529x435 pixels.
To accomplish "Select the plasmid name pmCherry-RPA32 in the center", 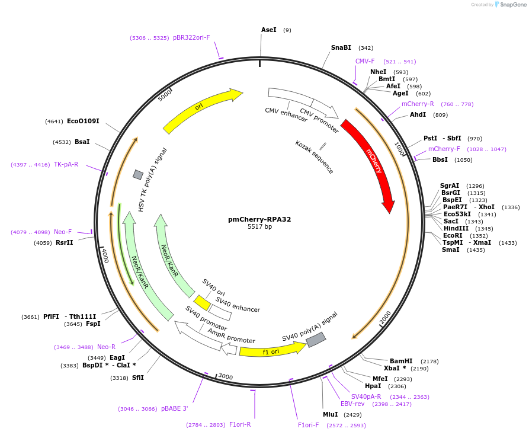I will (259, 219).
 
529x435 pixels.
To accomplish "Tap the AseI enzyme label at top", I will (269, 30).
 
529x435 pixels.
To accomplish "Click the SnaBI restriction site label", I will (341, 48).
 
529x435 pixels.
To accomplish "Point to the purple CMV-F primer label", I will (365, 61).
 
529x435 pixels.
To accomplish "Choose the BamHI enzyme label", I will (401, 361).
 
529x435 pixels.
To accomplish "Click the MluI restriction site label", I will (330, 414).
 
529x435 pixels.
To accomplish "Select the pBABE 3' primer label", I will (174, 408).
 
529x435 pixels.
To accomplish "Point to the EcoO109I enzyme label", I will (83, 121).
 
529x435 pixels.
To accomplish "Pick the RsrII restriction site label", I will (65, 242).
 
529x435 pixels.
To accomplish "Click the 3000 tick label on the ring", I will (226, 376).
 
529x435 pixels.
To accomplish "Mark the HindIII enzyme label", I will (456, 228).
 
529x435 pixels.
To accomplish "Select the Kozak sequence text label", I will (315, 158).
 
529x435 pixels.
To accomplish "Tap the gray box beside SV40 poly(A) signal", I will (316, 340).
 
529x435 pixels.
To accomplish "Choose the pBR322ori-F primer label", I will (191, 37).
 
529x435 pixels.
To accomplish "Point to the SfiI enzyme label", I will (137, 378).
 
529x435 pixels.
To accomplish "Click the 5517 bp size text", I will (259, 226).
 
